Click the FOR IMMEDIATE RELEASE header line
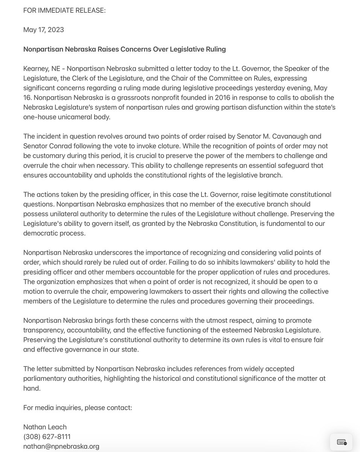pyautogui.click(x=64, y=10)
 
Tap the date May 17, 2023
pyautogui.click(x=44, y=30)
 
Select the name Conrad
pyautogui.click(x=60, y=146)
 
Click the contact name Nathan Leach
pyautogui.click(x=45, y=427)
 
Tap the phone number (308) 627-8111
pyautogui.click(x=47, y=437)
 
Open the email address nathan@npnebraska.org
pyautogui.click(x=61, y=446)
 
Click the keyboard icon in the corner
pyautogui.click(x=342, y=442)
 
